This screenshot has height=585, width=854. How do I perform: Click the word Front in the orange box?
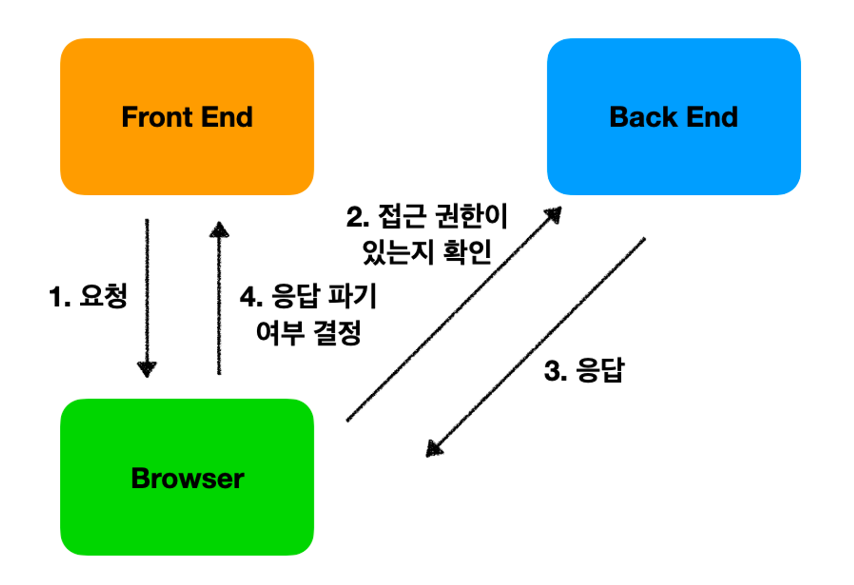click(x=156, y=117)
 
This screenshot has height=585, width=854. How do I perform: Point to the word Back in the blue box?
click(x=644, y=117)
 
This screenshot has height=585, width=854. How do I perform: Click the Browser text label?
click(x=187, y=479)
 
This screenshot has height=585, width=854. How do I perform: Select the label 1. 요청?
click(x=88, y=297)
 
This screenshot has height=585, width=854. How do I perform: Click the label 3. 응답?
click(x=585, y=370)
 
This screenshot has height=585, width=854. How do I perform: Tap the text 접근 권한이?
click(x=443, y=216)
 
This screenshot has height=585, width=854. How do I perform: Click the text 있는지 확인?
click(x=427, y=252)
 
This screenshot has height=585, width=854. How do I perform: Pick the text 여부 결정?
click(x=308, y=333)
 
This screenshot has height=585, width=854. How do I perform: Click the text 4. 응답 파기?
click(x=308, y=297)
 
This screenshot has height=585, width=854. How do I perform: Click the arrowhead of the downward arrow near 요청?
click(x=147, y=369)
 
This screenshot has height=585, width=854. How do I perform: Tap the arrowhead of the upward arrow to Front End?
click(x=219, y=230)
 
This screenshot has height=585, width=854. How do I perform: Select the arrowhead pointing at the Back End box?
click(x=554, y=214)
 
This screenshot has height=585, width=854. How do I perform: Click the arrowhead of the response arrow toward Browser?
click(x=434, y=449)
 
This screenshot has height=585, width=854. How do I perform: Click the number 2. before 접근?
click(x=357, y=217)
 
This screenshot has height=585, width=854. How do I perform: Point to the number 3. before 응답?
click(x=555, y=371)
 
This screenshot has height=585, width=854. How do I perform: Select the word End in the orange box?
click(x=227, y=117)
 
